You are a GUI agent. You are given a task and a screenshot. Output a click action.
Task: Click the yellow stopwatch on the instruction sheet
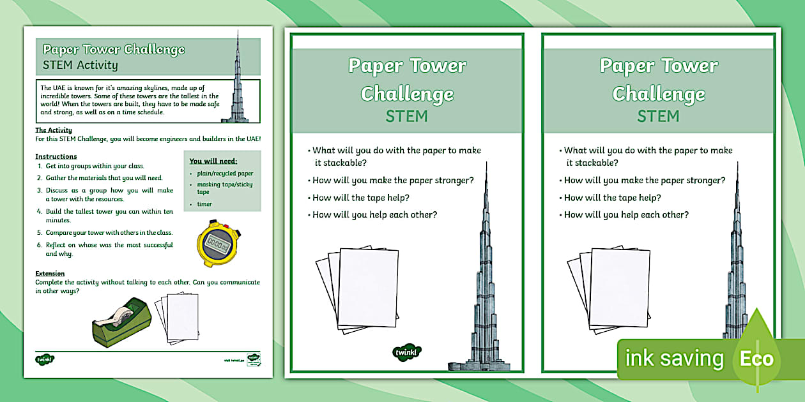click(218, 242)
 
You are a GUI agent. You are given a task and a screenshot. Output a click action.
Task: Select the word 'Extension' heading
click(50, 274)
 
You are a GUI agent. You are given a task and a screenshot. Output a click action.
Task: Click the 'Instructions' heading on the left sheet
click(56, 156)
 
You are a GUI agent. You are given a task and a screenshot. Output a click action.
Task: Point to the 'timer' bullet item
click(204, 204)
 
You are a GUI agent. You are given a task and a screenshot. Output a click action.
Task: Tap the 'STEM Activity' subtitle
click(80, 64)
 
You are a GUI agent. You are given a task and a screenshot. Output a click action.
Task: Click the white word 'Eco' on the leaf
click(756, 359)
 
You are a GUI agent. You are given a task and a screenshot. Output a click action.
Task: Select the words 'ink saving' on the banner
click(674, 359)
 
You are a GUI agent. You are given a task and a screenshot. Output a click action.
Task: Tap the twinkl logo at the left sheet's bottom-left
click(45, 359)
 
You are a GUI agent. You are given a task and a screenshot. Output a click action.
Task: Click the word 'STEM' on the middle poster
click(406, 116)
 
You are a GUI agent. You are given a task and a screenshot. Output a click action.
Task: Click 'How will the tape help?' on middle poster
click(361, 198)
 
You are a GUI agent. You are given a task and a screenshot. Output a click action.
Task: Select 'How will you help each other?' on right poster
click(626, 215)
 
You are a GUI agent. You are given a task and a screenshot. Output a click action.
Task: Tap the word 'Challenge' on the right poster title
click(658, 94)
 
